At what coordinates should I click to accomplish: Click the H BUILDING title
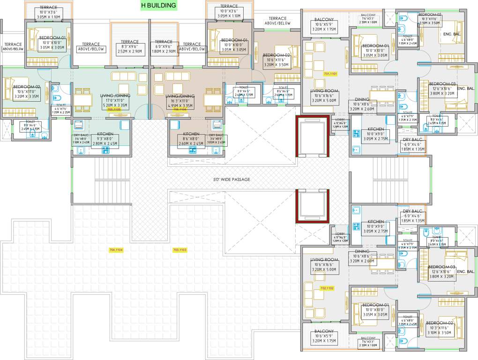point(159,6)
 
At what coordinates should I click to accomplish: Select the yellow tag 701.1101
point(330,74)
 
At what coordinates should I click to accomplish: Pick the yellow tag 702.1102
point(327,288)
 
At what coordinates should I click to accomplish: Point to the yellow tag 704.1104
point(116,250)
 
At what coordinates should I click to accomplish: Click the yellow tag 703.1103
point(179,250)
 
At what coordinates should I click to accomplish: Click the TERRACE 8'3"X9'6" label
point(129,47)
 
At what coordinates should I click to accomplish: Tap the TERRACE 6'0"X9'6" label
point(164,47)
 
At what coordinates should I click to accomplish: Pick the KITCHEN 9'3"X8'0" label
point(105,139)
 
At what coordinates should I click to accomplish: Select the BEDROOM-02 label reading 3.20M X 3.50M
point(276,60)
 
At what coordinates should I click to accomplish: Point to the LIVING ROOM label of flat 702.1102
point(324,264)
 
